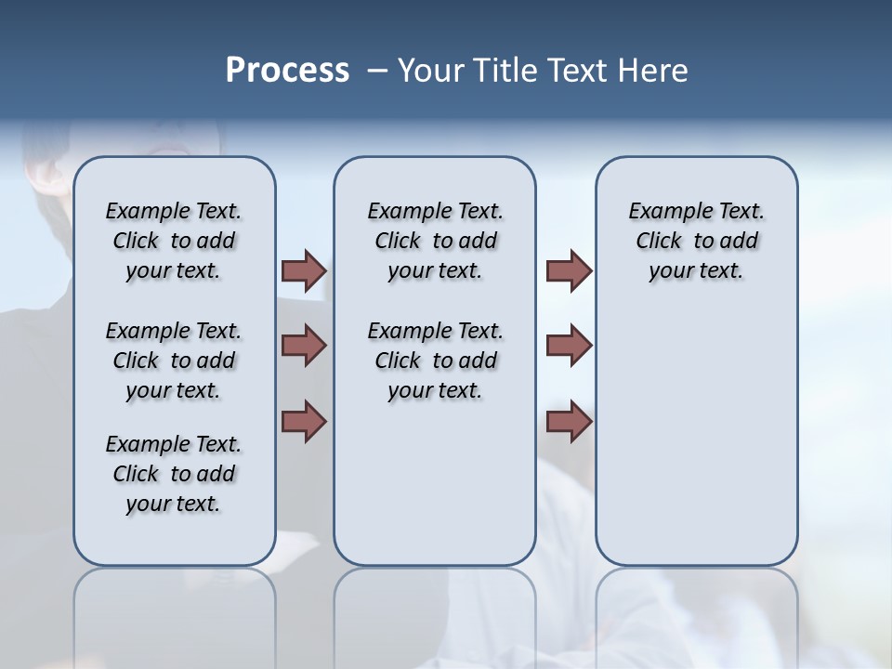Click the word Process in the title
287,70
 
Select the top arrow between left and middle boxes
304,270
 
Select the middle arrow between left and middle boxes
304,346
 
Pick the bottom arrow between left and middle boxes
304,421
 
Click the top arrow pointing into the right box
569,270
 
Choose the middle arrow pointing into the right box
569,346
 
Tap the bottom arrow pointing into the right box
569,421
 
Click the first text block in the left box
174,241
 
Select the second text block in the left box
174,361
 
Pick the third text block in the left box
174,474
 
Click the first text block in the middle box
435,241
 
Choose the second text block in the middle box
435,361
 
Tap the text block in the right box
696,241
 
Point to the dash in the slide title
376,71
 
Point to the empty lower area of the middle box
435,483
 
